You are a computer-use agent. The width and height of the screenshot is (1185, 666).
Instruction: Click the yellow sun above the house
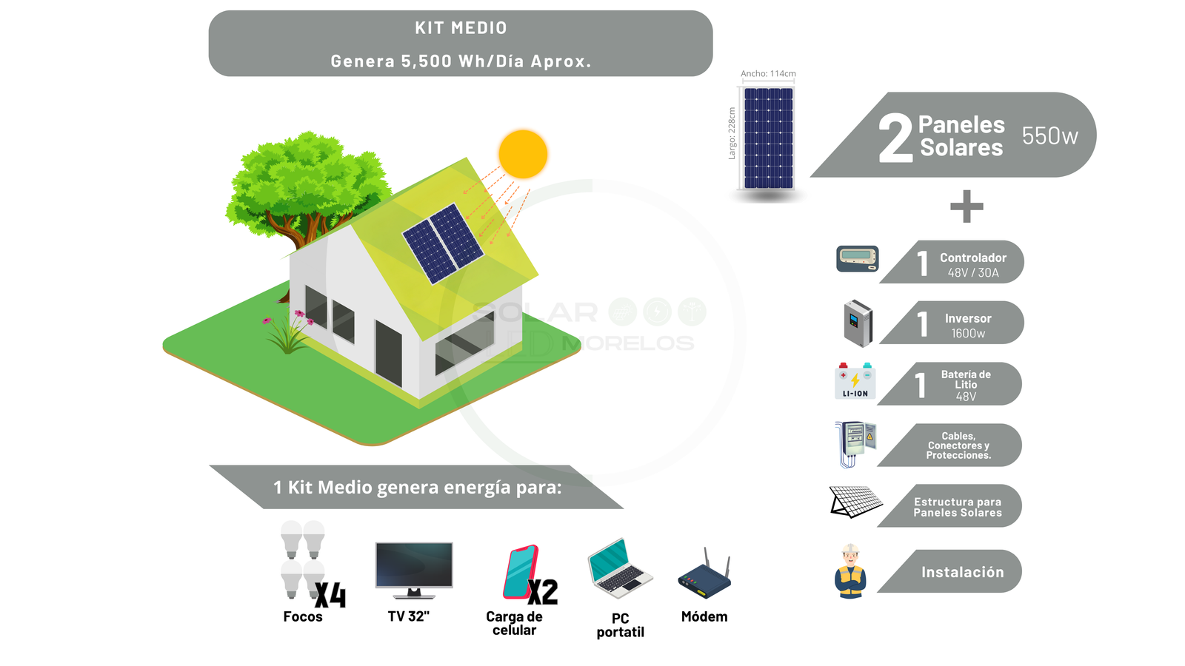(x=523, y=154)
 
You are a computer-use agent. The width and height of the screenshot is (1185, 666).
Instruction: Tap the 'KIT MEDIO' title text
(x=461, y=28)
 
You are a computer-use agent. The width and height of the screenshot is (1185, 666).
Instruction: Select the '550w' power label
(x=1049, y=136)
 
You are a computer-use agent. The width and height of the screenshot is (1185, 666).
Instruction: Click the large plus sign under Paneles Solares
(x=967, y=206)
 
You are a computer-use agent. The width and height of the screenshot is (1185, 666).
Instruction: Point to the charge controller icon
(x=858, y=258)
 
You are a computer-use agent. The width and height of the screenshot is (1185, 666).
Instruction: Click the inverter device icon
(x=858, y=323)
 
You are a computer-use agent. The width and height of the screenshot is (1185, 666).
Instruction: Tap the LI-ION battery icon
(x=855, y=381)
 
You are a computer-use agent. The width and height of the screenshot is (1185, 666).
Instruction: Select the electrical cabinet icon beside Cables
(x=855, y=444)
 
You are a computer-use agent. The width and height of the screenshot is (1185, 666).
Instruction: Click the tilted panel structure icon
(x=855, y=502)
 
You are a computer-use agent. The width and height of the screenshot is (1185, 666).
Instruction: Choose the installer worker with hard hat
(x=850, y=571)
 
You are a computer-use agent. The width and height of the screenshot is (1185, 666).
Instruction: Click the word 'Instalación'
(x=962, y=572)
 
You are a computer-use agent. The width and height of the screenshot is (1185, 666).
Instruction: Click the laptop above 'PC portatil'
(x=620, y=568)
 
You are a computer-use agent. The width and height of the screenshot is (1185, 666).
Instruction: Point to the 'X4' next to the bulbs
(x=330, y=595)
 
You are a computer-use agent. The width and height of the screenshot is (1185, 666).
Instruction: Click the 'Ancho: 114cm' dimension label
(x=768, y=73)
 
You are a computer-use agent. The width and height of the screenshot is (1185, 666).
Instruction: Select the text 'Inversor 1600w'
(x=968, y=326)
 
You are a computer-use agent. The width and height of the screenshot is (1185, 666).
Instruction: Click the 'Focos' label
(x=303, y=617)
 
